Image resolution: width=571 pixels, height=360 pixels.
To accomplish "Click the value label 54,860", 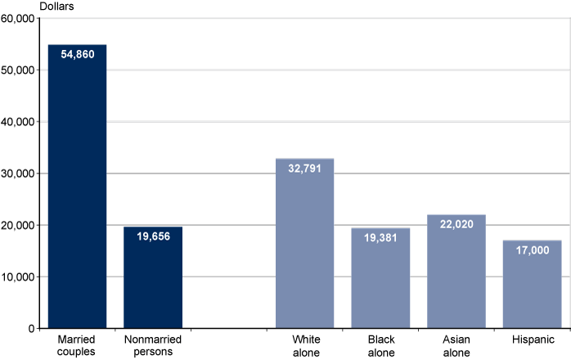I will pos(77,55).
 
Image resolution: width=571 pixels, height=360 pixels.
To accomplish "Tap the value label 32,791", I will pos(304,169).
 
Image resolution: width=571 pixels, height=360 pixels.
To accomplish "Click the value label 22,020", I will pos(456,224).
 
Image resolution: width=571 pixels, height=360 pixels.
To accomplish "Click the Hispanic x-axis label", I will pos(532,340).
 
